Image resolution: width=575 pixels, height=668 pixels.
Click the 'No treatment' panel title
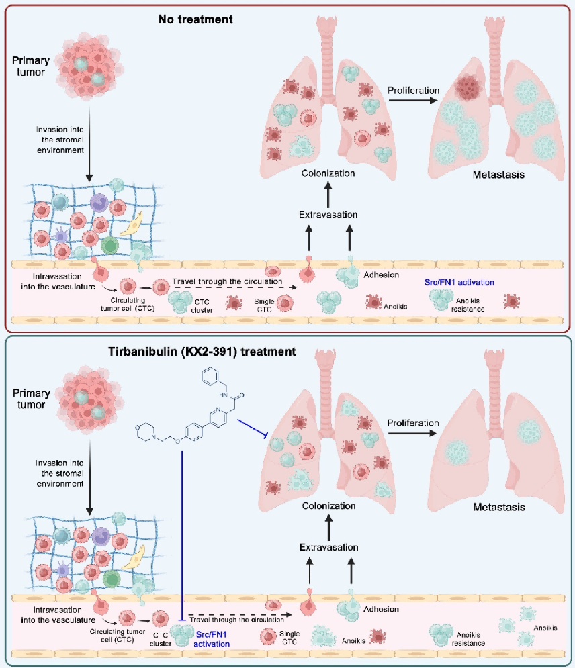[195, 19]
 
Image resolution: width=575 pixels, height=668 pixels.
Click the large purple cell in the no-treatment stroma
[100, 202]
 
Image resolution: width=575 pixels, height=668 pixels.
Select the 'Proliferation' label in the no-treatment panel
[413, 90]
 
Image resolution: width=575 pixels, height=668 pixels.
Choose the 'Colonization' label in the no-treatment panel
[328, 173]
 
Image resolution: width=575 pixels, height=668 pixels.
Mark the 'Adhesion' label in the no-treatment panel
[381, 275]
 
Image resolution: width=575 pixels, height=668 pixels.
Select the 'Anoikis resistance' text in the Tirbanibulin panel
[470, 638]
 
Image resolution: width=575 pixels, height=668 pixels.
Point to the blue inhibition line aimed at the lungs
[248, 432]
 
